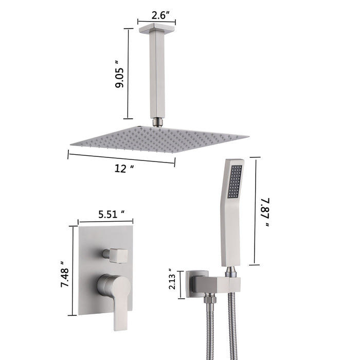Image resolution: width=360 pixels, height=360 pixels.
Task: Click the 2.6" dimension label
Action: [x=156, y=15]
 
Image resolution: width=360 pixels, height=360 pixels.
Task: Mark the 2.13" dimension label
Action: [x=174, y=282]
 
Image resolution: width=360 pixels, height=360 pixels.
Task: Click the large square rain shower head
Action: [x=159, y=139]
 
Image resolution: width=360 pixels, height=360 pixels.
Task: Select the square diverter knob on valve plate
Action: [x=112, y=254]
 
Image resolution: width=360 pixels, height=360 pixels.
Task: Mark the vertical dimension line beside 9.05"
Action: [x=128, y=74]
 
